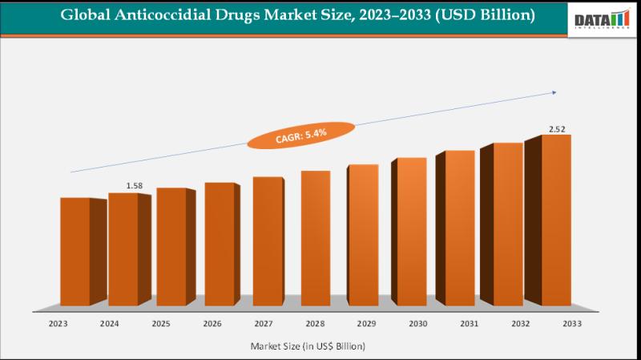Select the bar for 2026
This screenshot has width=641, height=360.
(x=219, y=244)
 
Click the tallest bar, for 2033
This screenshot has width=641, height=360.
(x=557, y=220)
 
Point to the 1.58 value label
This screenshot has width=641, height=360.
(x=135, y=186)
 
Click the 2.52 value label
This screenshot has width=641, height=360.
(x=558, y=128)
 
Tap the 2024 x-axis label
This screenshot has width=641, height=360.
(x=110, y=323)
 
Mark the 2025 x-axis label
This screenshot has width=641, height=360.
(x=160, y=323)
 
